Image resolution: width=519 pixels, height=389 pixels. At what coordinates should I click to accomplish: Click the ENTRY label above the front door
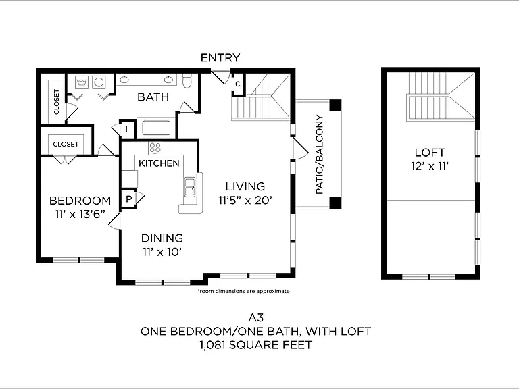pyautogui.click(x=220, y=58)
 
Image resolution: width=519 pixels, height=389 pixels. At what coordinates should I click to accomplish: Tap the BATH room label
pyautogui.click(x=153, y=97)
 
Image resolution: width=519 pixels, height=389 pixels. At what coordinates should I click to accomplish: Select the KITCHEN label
pyautogui.click(x=159, y=163)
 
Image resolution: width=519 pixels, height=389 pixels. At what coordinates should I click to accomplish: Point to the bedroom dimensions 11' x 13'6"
pyautogui.click(x=80, y=214)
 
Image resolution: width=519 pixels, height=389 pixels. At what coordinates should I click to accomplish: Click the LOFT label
pyautogui.click(x=430, y=153)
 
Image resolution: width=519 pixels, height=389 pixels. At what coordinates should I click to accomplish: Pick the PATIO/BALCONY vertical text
pyautogui.click(x=320, y=155)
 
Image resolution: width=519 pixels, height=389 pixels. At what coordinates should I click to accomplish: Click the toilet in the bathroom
pyautogui.click(x=187, y=81)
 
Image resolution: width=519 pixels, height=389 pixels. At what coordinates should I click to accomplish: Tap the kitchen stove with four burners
pyautogui.click(x=155, y=147)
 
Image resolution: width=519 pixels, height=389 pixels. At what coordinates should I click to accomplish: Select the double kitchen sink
pyautogui.click(x=190, y=187)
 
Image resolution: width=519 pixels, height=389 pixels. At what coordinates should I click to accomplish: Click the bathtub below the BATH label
pyautogui.click(x=156, y=128)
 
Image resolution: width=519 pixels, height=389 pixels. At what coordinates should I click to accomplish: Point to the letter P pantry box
pyautogui.click(x=129, y=199)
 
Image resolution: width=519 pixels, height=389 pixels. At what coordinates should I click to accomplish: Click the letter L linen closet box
pyautogui.click(x=128, y=130)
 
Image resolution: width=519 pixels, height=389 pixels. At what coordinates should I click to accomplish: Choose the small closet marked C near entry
pyautogui.click(x=238, y=84)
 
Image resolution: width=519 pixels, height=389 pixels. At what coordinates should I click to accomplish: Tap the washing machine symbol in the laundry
pyautogui.click(x=81, y=82)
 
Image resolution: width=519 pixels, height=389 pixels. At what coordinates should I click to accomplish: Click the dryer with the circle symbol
pyautogui.click(x=99, y=82)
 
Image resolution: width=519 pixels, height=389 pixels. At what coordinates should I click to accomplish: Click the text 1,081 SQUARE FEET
pyautogui.click(x=256, y=345)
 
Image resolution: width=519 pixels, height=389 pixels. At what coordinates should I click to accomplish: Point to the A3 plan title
pyautogui.click(x=256, y=317)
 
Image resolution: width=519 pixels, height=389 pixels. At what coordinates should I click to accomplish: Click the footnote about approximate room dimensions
pyautogui.click(x=243, y=292)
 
